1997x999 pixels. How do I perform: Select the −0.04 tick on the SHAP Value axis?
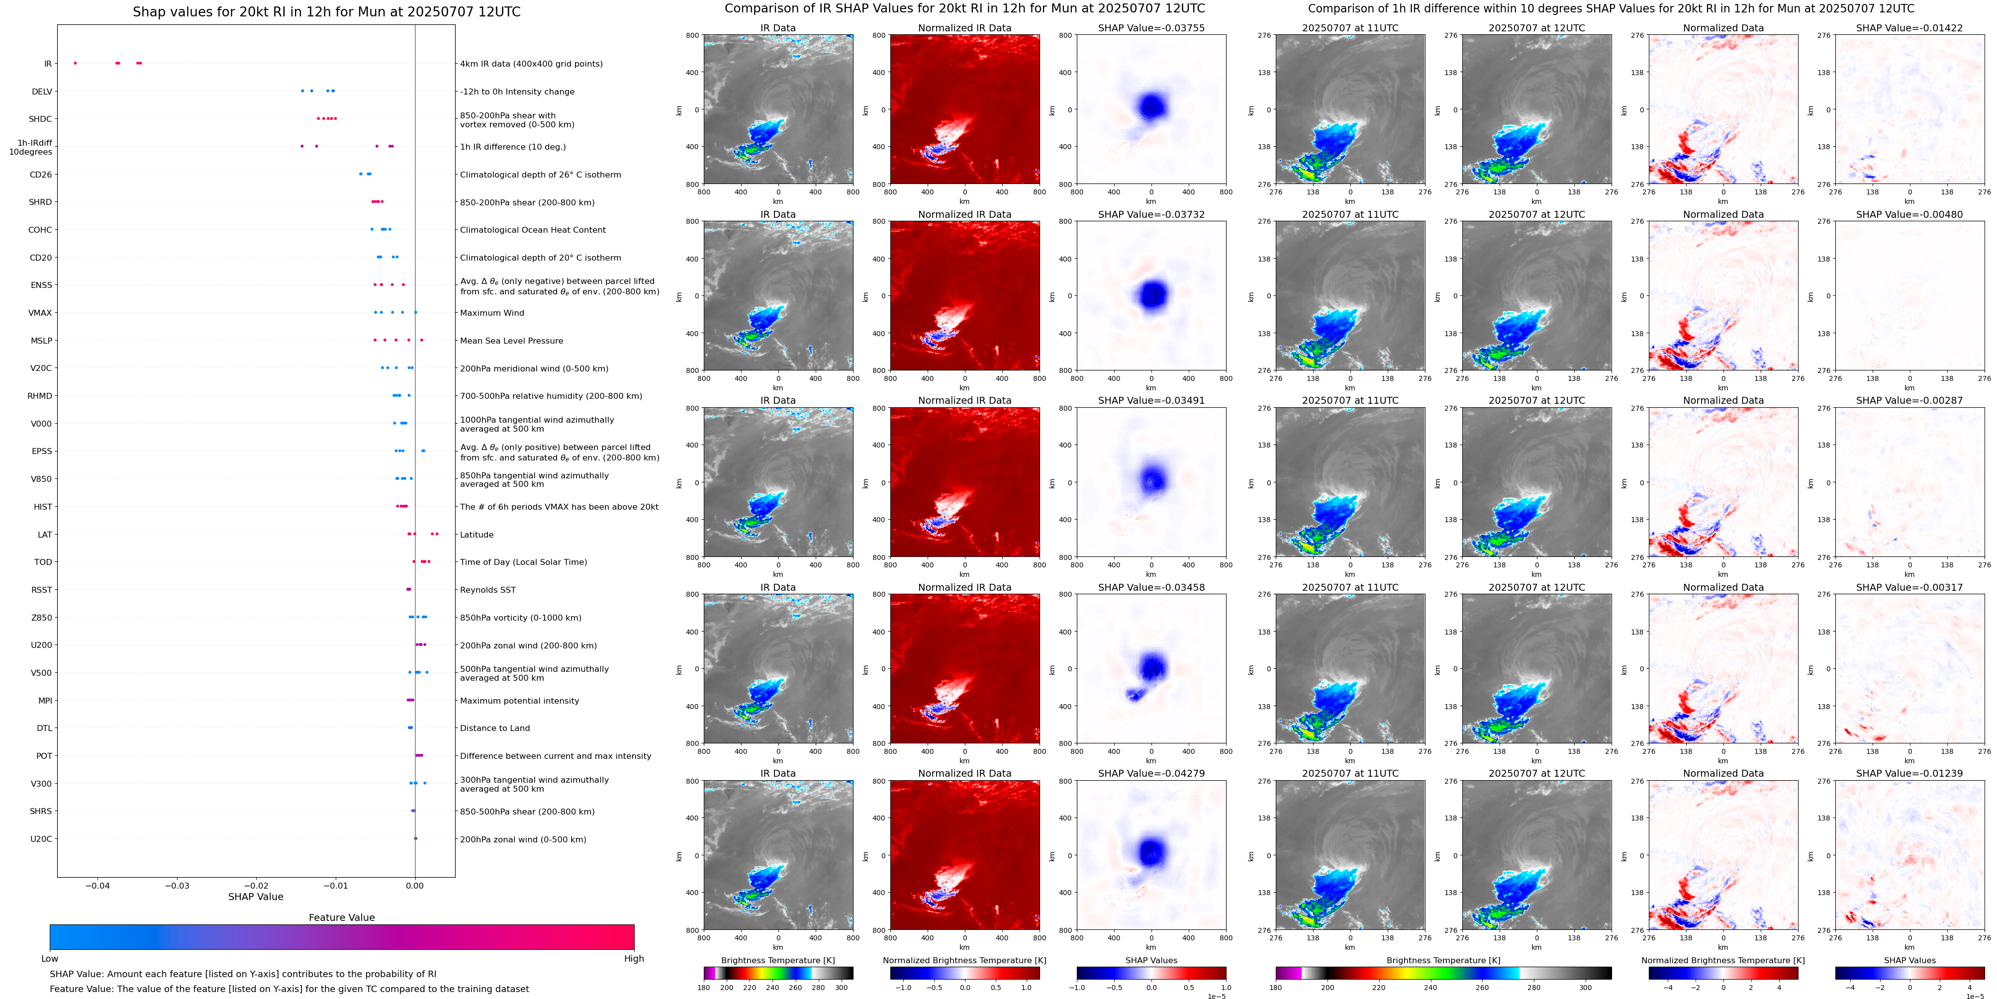click(97, 885)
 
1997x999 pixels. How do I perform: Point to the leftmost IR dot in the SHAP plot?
click(75, 63)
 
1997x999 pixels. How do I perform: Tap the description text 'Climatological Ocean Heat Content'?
click(533, 230)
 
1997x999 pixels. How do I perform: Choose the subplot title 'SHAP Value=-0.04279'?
click(1150, 773)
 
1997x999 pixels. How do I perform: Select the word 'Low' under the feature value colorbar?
click(50, 959)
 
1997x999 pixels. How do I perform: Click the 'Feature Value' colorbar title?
click(341, 917)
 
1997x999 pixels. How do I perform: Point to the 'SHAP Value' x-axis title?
click(256, 897)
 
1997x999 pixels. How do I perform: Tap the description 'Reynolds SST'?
click(487, 590)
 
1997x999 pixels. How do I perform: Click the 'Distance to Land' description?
click(494, 728)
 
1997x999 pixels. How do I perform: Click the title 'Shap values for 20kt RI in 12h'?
click(326, 11)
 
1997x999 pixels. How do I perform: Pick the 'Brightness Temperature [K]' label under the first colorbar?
click(777, 960)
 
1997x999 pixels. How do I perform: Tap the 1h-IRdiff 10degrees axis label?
click(31, 147)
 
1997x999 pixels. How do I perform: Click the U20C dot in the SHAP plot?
click(415, 838)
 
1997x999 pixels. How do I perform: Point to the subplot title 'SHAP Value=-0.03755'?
click(1150, 28)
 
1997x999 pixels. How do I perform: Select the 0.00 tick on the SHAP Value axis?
click(415, 885)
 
